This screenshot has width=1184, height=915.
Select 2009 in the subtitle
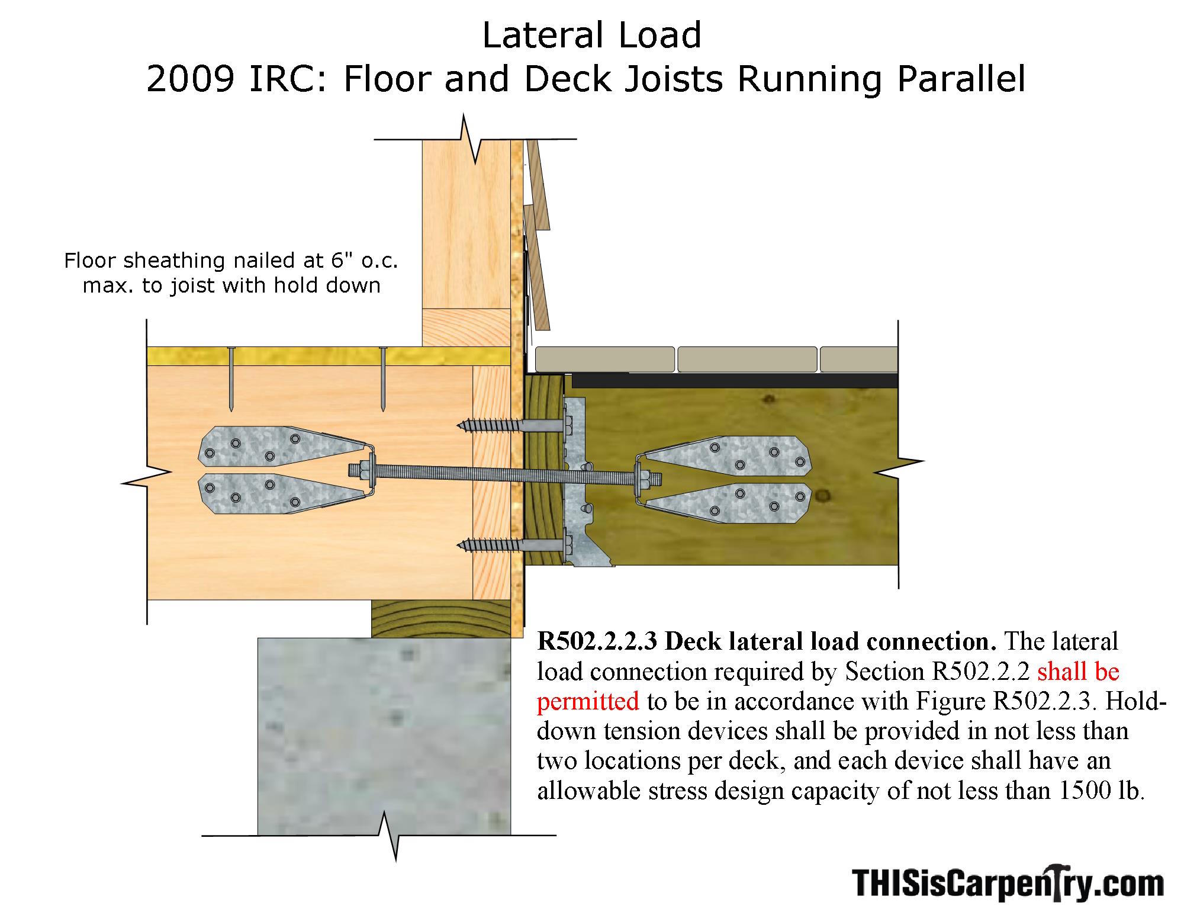(x=191, y=79)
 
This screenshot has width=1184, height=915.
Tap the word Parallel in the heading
(x=961, y=79)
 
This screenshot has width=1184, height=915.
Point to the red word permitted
(x=588, y=701)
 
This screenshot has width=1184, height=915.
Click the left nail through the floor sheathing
(x=231, y=379)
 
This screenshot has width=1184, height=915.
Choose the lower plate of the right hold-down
(x=725, y=500)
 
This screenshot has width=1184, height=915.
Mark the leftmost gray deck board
(x=604, y=359)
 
